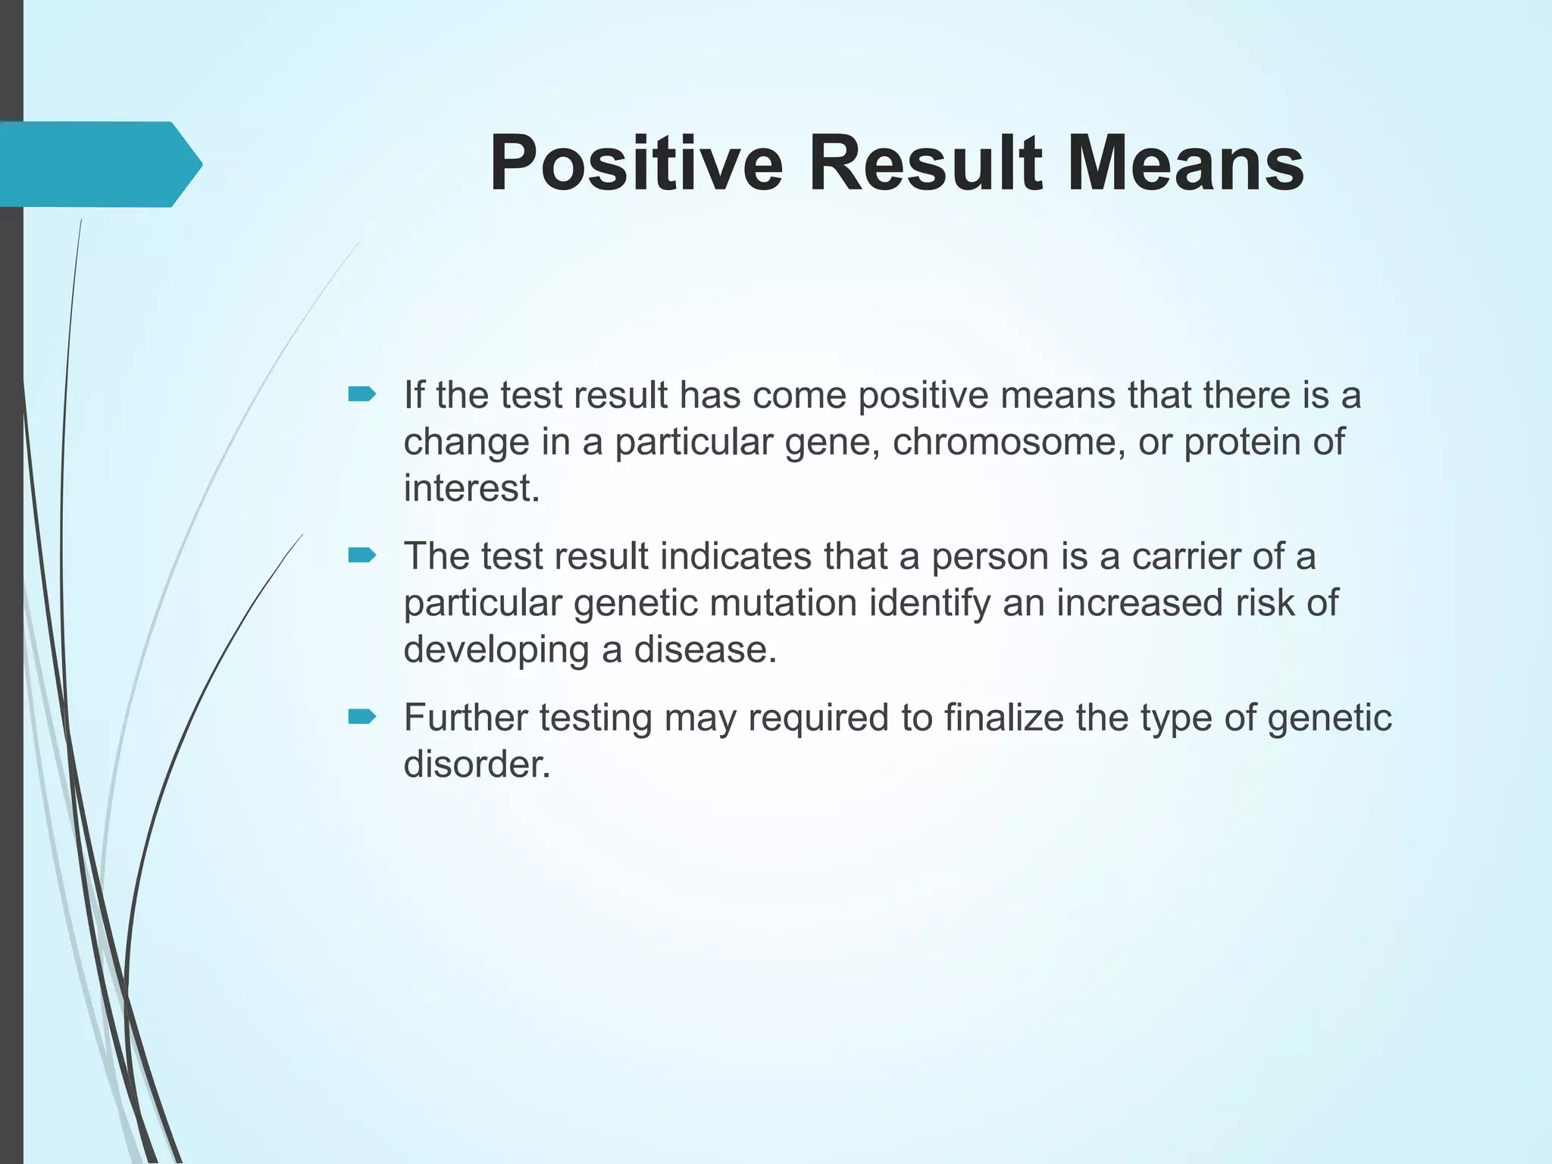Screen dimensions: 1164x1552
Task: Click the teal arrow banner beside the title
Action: (x=99, y=164)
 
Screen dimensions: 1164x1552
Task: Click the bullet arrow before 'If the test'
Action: (x=361, y=394)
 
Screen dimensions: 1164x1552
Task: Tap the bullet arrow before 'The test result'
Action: (x=361, y=556)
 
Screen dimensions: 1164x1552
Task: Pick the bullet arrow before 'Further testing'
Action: (x=361, y=717)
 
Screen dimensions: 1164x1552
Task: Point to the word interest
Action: (x=470, y=488)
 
